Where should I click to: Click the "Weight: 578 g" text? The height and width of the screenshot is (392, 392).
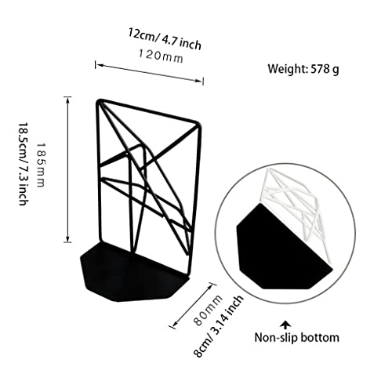[x=303, y=69]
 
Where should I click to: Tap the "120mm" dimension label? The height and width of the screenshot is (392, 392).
[x=161, y=56]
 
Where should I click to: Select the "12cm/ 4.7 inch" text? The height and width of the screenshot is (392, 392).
[x=165, y=39]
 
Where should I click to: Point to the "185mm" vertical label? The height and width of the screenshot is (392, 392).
[x=41, y=165]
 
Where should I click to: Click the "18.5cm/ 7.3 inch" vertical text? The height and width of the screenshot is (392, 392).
[x=23, y=164]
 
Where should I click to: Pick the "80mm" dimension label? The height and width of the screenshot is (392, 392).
[x=209, y=310]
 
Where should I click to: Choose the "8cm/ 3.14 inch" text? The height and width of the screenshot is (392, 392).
[x=218, y=327]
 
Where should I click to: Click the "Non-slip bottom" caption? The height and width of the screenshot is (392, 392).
[x=297, y=337]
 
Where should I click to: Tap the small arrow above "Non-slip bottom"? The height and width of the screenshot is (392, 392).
[x=286, y=325]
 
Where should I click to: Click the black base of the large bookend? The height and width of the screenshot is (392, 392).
[x=131, y=274]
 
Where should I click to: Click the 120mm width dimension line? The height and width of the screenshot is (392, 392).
[x=149, y=73]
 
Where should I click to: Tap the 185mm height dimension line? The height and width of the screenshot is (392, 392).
[x=67, y=169]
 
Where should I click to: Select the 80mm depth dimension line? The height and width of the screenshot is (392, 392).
[x=194, y=305]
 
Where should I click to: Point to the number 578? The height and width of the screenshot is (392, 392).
[x=320, y=69]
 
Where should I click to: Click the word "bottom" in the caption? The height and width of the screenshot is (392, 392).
[x=320, y=337]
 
